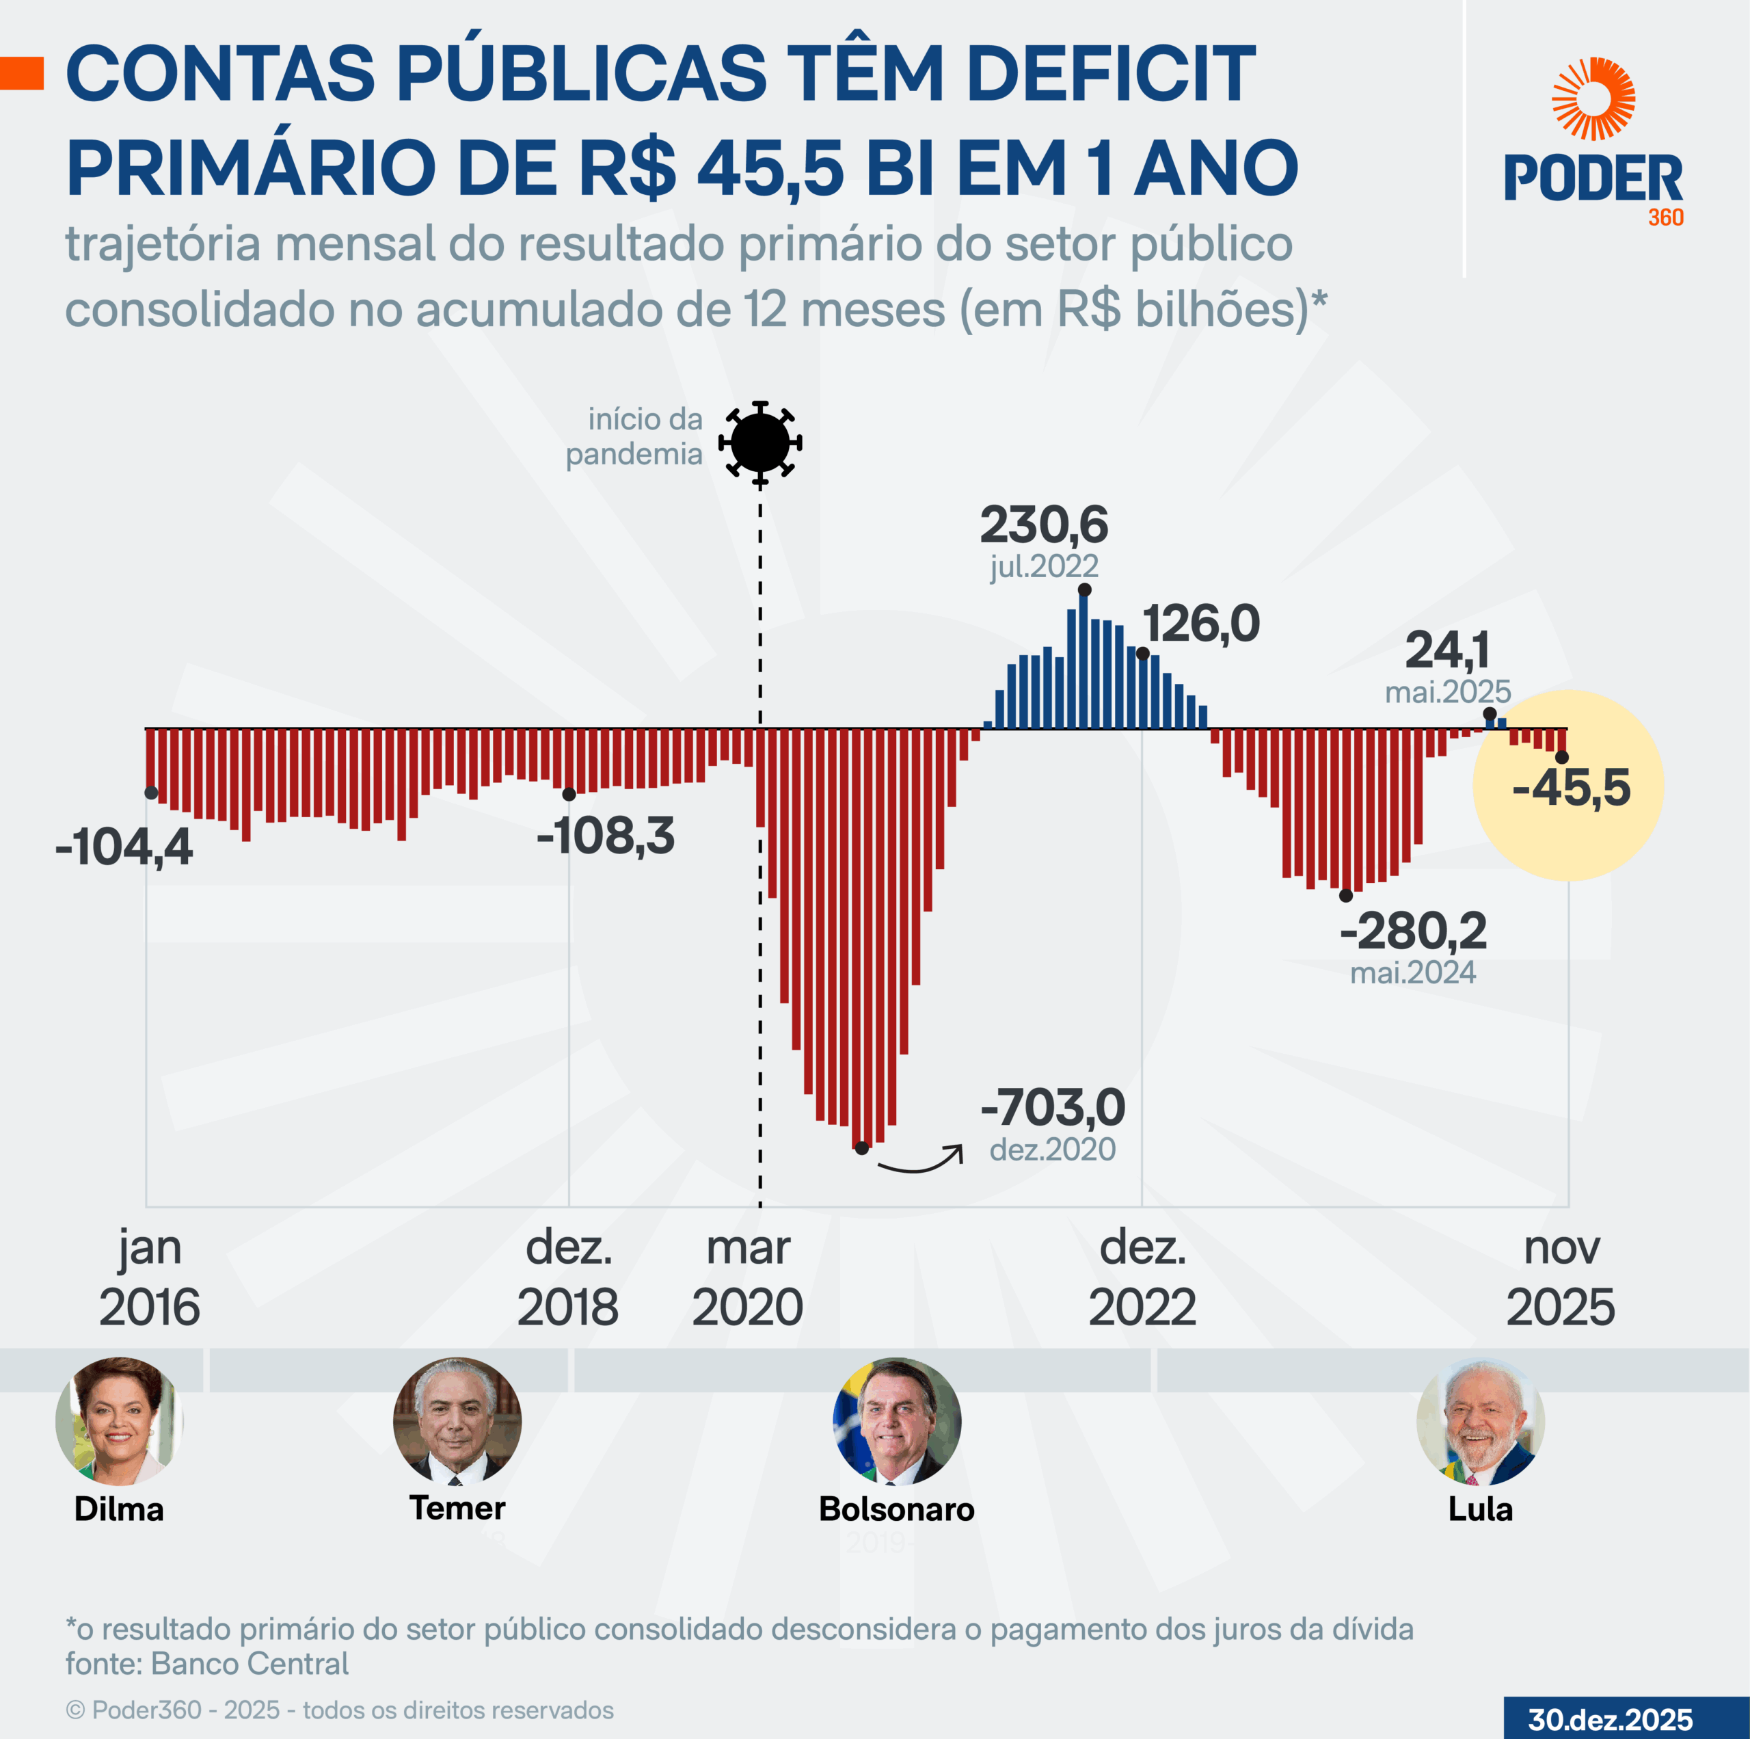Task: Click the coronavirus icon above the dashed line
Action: click(760, 442)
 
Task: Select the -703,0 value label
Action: click(1053, 1107)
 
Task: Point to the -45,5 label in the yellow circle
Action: click(1572, 788)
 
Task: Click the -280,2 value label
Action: click(1413, 931)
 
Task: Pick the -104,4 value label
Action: click(124, 847)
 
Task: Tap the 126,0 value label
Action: click(1200, 624)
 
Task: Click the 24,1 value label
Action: click(1446, 650)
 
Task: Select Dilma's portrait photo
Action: click(119, 1421)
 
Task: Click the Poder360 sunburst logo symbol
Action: click(1593, 98)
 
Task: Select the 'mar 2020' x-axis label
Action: click(747, 1277)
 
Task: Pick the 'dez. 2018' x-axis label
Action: click(568, 1277)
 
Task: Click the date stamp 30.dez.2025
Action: click(1611, 1719)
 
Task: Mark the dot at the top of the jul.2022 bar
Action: click(1084, 590)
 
